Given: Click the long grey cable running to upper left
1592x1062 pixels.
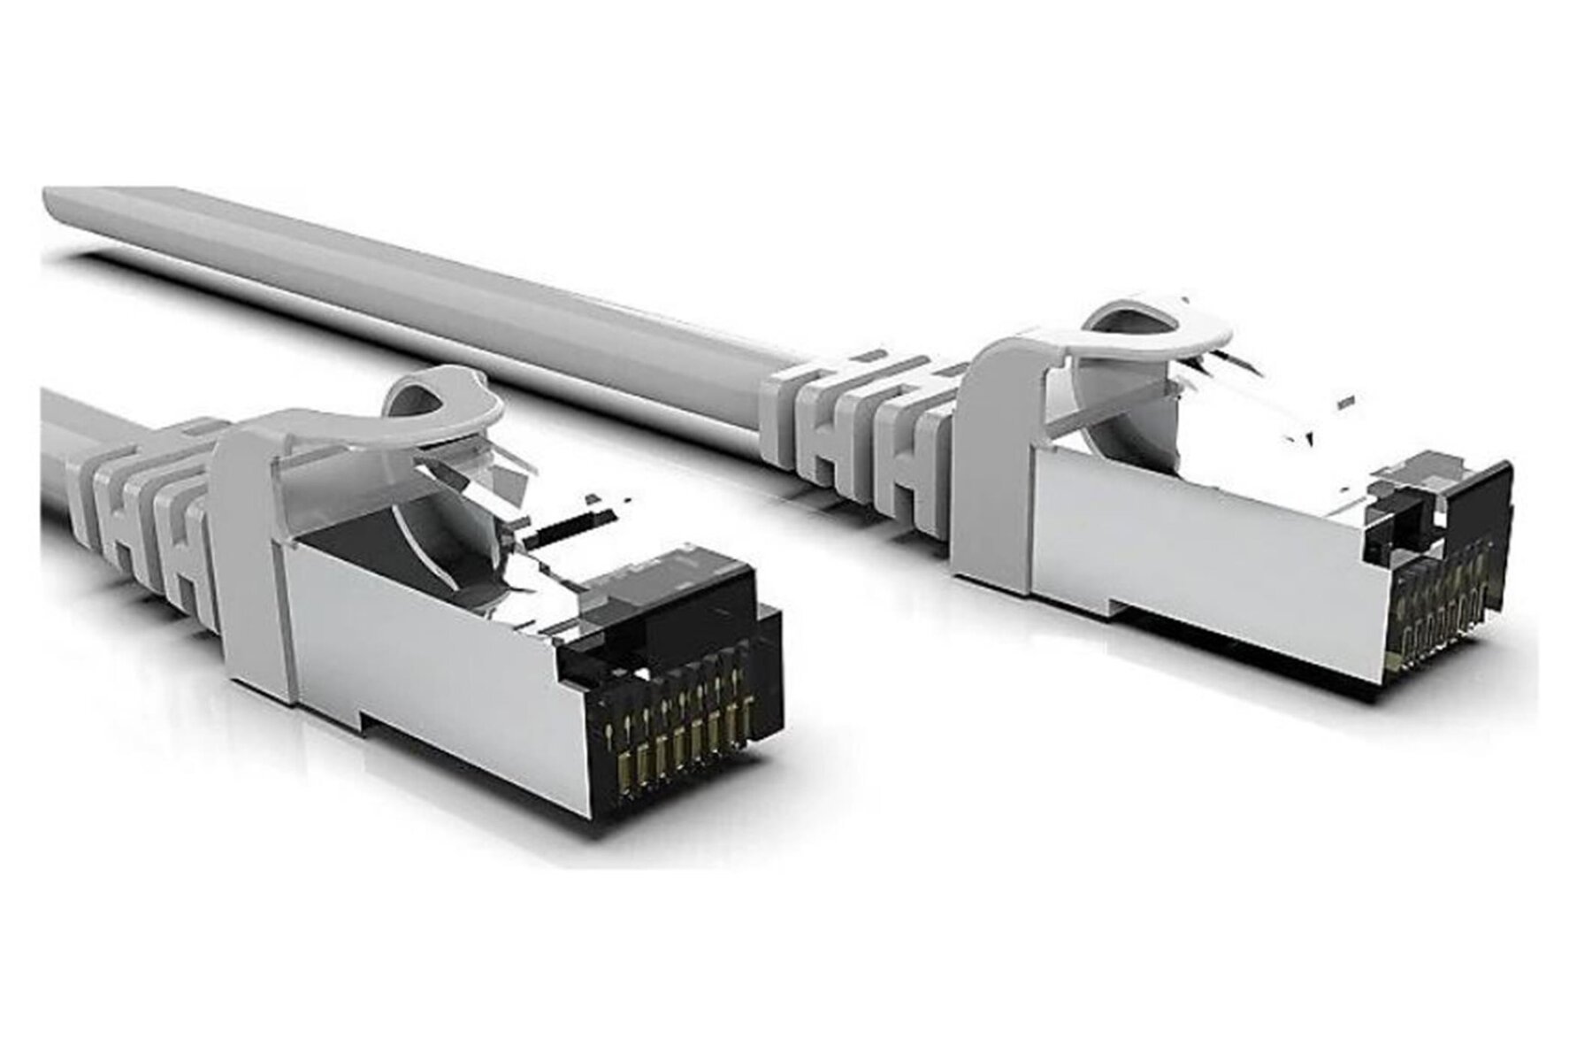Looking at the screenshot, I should point(442,283).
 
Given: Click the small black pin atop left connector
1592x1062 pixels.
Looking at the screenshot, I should point(566,527).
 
